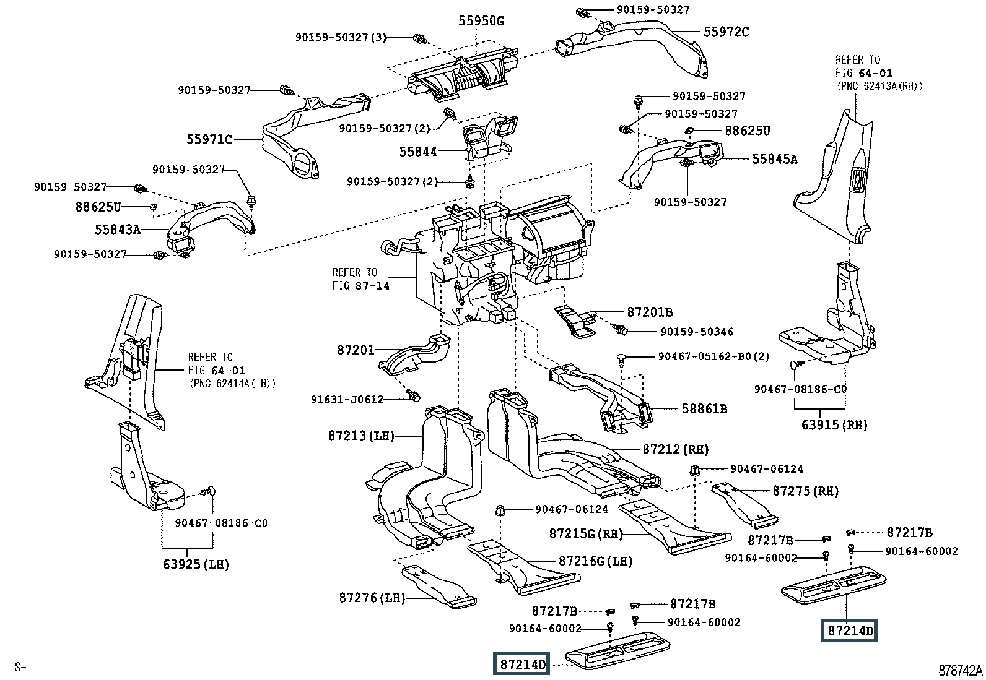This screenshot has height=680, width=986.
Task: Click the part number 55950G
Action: click(x=481, y=21)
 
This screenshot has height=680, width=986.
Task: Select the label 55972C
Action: click(x=726, y=31)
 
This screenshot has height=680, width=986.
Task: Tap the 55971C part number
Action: click(x=209, y=140)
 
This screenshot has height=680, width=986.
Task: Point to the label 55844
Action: click(x=418, y=151)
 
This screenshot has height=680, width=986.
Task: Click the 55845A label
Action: click(x=775, y=159)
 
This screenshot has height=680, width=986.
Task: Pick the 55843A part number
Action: click(x=118, y=230)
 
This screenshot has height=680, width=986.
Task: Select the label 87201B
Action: click(x=650, y=312)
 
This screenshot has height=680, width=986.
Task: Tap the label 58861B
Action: click(x=704, y=408)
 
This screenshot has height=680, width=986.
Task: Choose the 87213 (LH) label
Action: click(x=362, y=436)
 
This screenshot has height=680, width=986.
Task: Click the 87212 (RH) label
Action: click(x=675, y=449)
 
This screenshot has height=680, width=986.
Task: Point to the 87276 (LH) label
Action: click(x=372, y=598)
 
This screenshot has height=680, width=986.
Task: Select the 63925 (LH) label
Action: click(x=196, y=564)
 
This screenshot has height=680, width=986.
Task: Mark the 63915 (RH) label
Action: click(x=834, y=424)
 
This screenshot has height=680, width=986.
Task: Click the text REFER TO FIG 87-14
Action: click(x=361, y=279)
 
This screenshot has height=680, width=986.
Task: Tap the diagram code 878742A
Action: click(x=961, y=670)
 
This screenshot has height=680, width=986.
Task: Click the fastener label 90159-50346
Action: click(x=696, y=332)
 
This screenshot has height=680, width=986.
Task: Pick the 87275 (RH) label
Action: click(x=805, y=491)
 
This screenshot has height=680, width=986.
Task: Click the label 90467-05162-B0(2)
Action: click(x=705, y=356)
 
